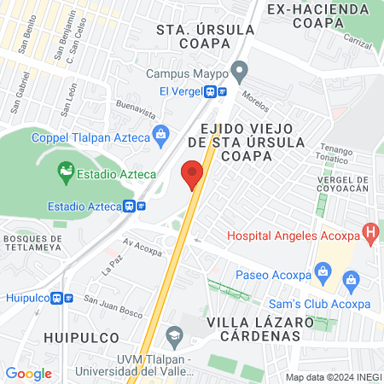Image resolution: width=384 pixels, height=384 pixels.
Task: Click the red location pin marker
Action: (x=193, y=174)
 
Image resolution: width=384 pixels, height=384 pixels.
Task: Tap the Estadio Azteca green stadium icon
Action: (x=65, y=173)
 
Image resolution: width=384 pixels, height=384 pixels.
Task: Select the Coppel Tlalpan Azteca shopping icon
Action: (x=159, y=134)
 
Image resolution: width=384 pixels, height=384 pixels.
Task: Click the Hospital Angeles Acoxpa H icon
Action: (x=370, y=230)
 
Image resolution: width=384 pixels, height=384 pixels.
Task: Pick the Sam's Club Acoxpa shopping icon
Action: (x=350, y=280)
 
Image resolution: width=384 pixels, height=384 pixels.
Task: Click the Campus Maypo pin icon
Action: (x=240, y=70)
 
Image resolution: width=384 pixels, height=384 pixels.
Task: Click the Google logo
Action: (x=28, y=373)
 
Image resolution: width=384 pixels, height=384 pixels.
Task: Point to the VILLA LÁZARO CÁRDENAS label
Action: (x=253, y=329)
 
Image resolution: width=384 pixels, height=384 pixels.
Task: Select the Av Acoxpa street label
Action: (x=143, y=247)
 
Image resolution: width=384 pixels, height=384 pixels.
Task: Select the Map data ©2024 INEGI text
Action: (x=333, y=376)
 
